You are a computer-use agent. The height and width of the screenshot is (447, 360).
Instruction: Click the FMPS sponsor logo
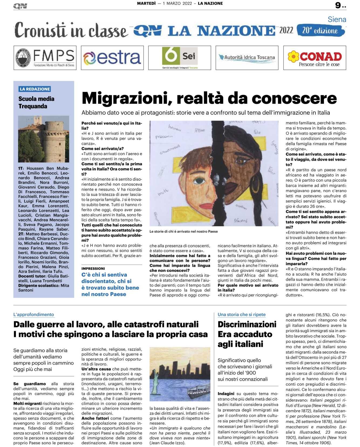pos(45,58)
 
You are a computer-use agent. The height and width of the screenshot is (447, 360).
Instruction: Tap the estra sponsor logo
pos(112,58)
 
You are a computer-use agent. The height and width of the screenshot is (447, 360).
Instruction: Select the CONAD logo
pos(315,58)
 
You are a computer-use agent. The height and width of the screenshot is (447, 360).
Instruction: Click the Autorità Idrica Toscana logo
pos(247,57)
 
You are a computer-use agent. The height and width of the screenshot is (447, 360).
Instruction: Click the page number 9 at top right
pos(338,5)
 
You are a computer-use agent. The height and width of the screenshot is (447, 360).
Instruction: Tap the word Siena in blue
pos(337,19)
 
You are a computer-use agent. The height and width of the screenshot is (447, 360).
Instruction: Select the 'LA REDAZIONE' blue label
pos(35,89)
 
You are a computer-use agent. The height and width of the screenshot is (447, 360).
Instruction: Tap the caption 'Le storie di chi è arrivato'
pos(183,231)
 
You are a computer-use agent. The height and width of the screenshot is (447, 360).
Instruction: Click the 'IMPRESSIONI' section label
pos(93,268)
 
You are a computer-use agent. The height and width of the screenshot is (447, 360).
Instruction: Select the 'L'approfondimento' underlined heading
pos(34,315)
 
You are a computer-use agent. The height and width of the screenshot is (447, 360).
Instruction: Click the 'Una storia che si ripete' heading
pos(242,315)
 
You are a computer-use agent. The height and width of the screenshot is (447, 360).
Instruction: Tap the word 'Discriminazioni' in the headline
pos(247,324)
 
